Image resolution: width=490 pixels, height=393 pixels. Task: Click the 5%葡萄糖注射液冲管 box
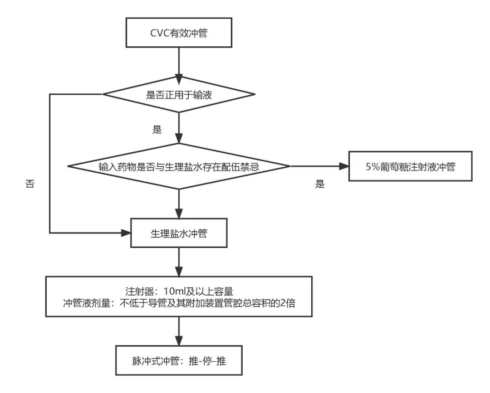coord(410,166)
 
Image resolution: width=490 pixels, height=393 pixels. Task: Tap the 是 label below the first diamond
coord(157,130)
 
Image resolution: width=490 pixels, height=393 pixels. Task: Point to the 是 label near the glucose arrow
coord(320,184)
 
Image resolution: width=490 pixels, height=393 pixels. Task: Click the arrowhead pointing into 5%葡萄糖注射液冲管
coord(343,166)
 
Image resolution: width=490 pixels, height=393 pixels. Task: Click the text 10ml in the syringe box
coord(171,291)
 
